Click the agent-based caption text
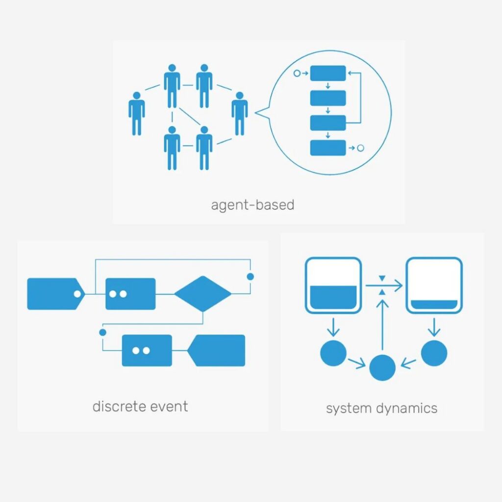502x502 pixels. coord(252,205)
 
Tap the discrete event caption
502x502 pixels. coord(140,406)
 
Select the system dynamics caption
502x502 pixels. coord(381,408)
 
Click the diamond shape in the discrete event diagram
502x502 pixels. coord(202,294)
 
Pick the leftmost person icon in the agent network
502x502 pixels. coord(137,114)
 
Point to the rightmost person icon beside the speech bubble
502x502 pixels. coord(239,114)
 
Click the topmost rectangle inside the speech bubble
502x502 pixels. coord(328,74)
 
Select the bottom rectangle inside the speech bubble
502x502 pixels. coord(328,148)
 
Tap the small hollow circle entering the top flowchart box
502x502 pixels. coord(297,74)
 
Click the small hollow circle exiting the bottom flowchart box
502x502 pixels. coord(360,148)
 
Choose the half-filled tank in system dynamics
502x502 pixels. coord(333,285)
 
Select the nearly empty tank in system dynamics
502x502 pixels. coord(434,285)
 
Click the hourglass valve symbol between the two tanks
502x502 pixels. coord(382,285)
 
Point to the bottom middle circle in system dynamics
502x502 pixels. coord(382,368)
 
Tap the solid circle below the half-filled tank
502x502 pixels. coord(333,353)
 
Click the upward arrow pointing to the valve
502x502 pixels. coord(382,324)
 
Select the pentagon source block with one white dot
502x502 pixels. coord(56,294)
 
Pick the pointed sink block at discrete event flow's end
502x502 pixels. coord(216,351)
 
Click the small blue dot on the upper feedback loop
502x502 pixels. coord(251,276)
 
